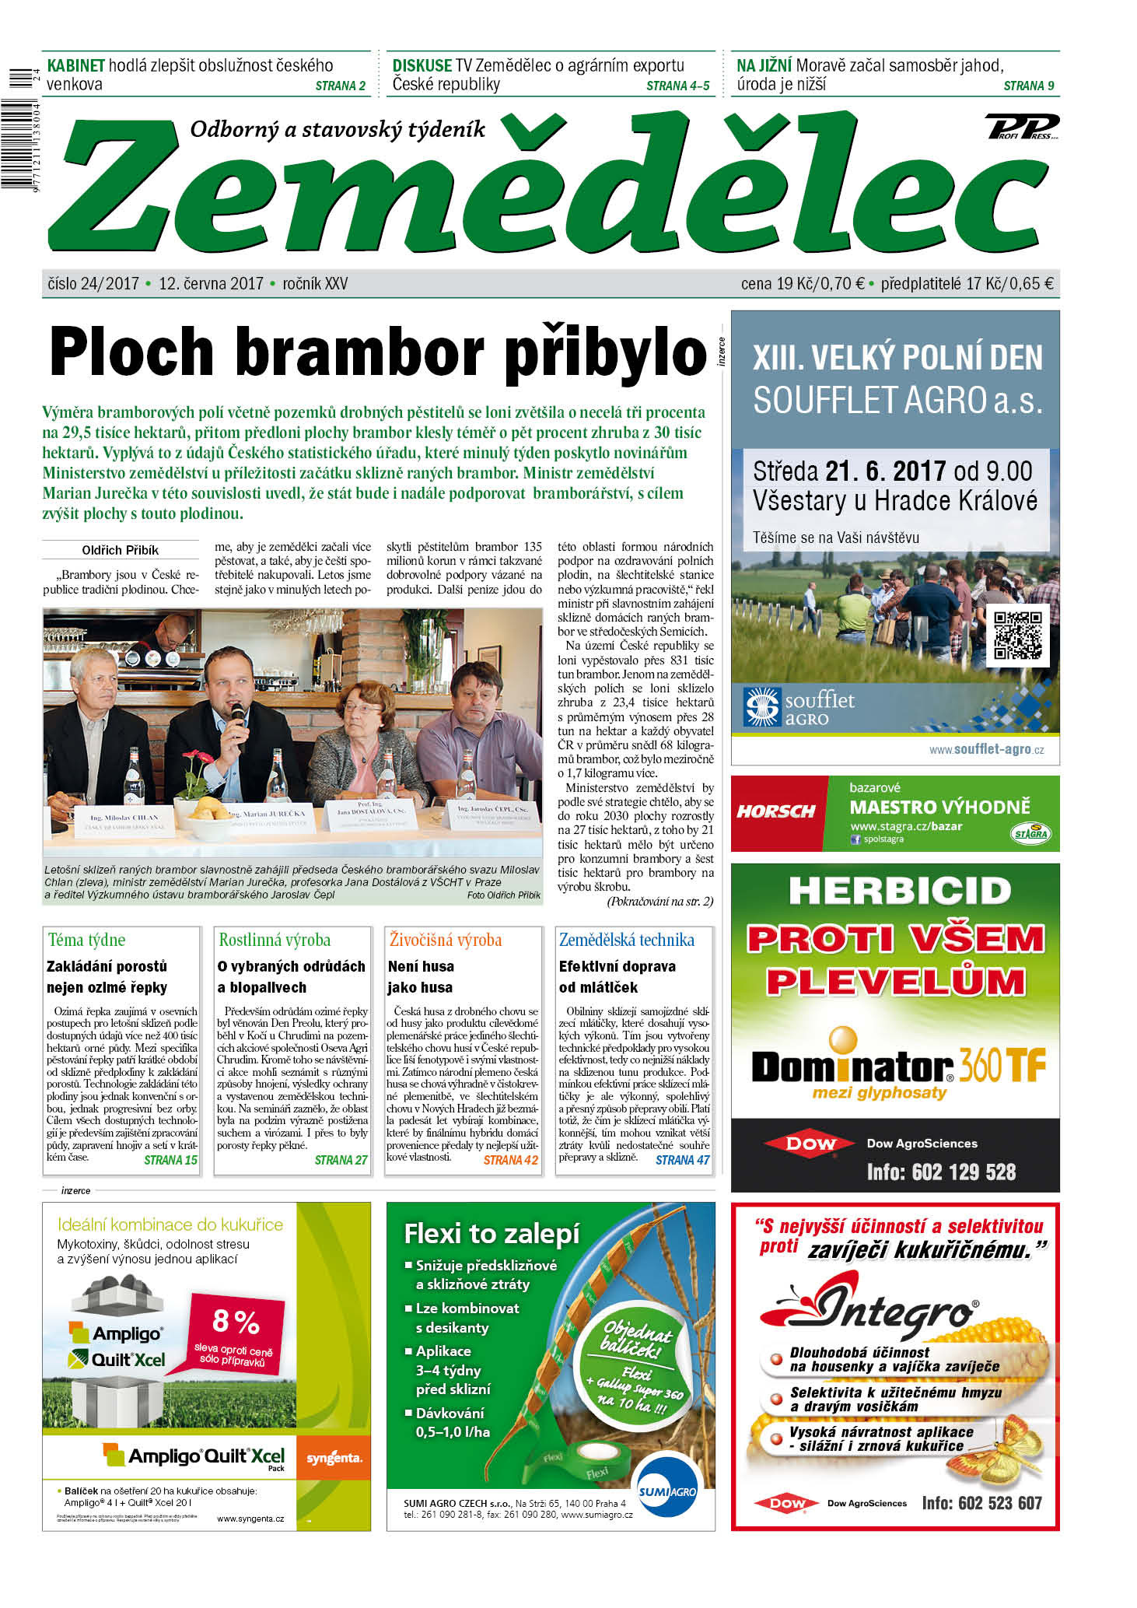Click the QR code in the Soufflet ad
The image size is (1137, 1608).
tap(1017, 635)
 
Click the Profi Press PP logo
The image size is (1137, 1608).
tap(1021, 126)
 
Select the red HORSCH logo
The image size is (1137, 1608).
tap(775, 811)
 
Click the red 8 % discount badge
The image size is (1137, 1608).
tap(235, 1330)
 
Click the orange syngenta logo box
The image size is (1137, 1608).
tap(334, 1456)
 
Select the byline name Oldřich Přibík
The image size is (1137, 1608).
tap(120, 550)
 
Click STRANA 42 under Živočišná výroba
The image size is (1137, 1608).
tap(510, 1160)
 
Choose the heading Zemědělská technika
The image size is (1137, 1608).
tap(626, 940)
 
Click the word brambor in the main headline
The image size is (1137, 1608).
tap(359, 352)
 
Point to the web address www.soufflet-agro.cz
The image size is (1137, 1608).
tap(986, 749)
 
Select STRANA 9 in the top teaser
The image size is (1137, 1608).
tap(1028, 86)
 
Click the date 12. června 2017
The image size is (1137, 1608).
tap(211, 284)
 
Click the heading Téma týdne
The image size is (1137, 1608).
tap(86, 940)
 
